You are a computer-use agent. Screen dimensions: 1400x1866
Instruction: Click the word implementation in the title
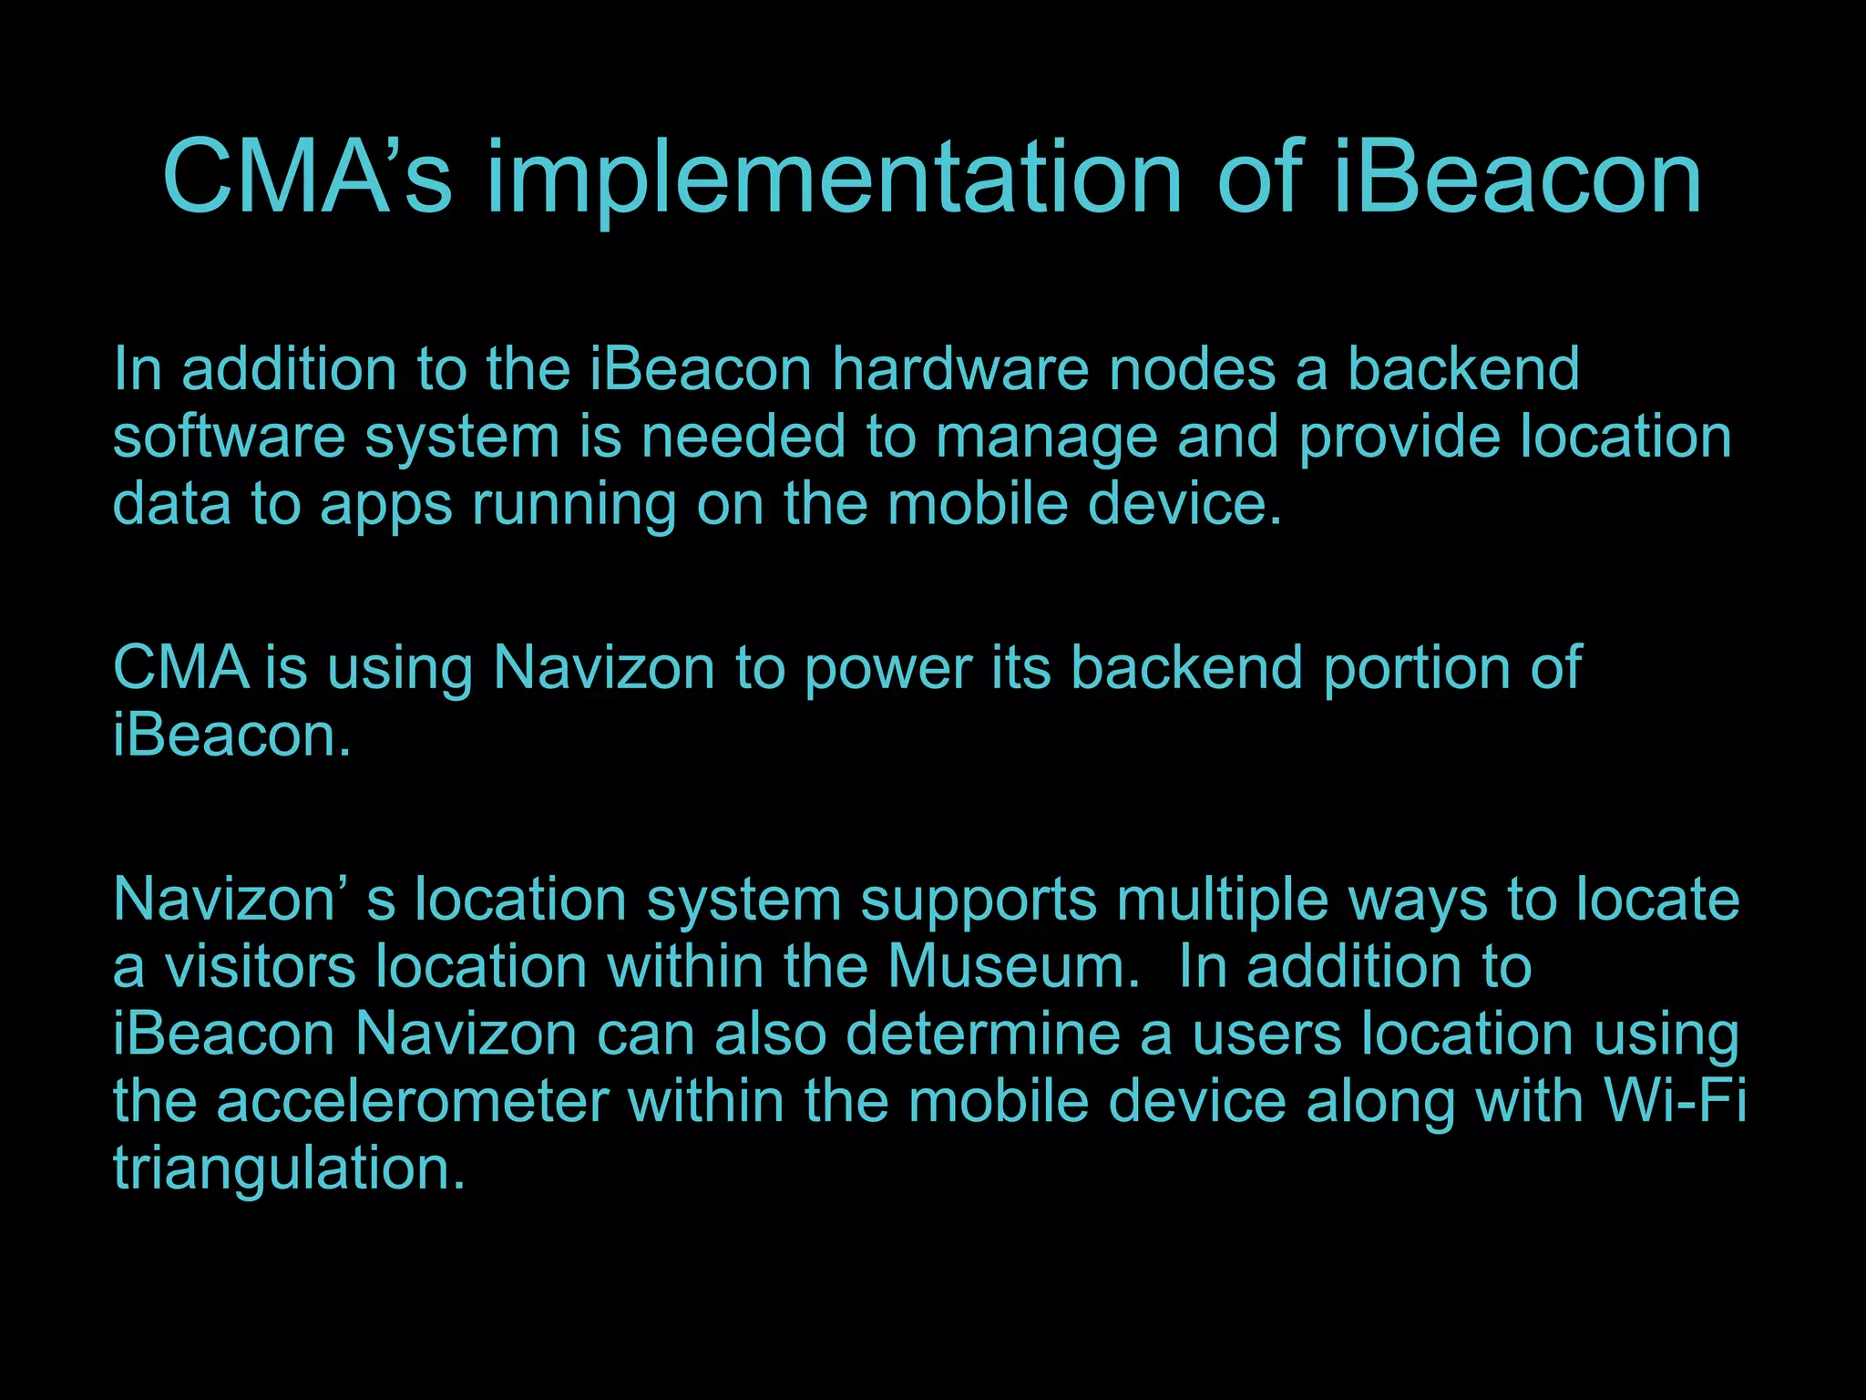(x=834, y=179)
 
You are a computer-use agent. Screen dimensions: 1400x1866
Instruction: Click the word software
(x=229, y=437)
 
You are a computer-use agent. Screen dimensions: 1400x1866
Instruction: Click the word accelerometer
(x=412, y=1101)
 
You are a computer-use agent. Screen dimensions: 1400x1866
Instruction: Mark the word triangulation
(x=288, y=1169)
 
